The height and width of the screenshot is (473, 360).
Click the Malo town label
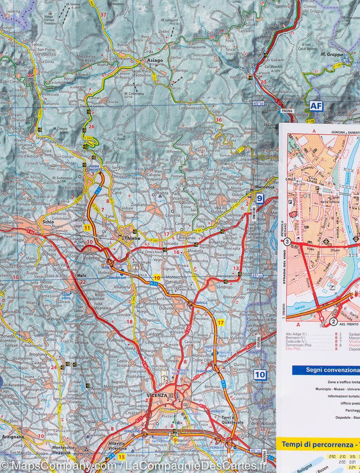tap(82, 275)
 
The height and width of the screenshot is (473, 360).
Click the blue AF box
tap(316, 106)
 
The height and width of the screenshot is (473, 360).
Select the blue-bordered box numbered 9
tap(260, 199)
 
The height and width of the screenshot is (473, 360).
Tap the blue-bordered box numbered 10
tap(260, 374)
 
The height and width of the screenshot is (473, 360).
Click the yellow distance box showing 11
tap(87, 228)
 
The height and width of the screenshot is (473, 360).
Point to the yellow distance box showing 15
tap(121, 457)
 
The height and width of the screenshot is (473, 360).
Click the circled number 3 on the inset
tap(287, 242)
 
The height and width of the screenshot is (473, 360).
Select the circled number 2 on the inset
tap(333, 321)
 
